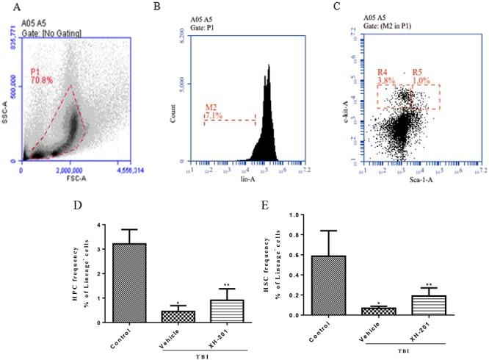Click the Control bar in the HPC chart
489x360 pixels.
click(129, 278)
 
